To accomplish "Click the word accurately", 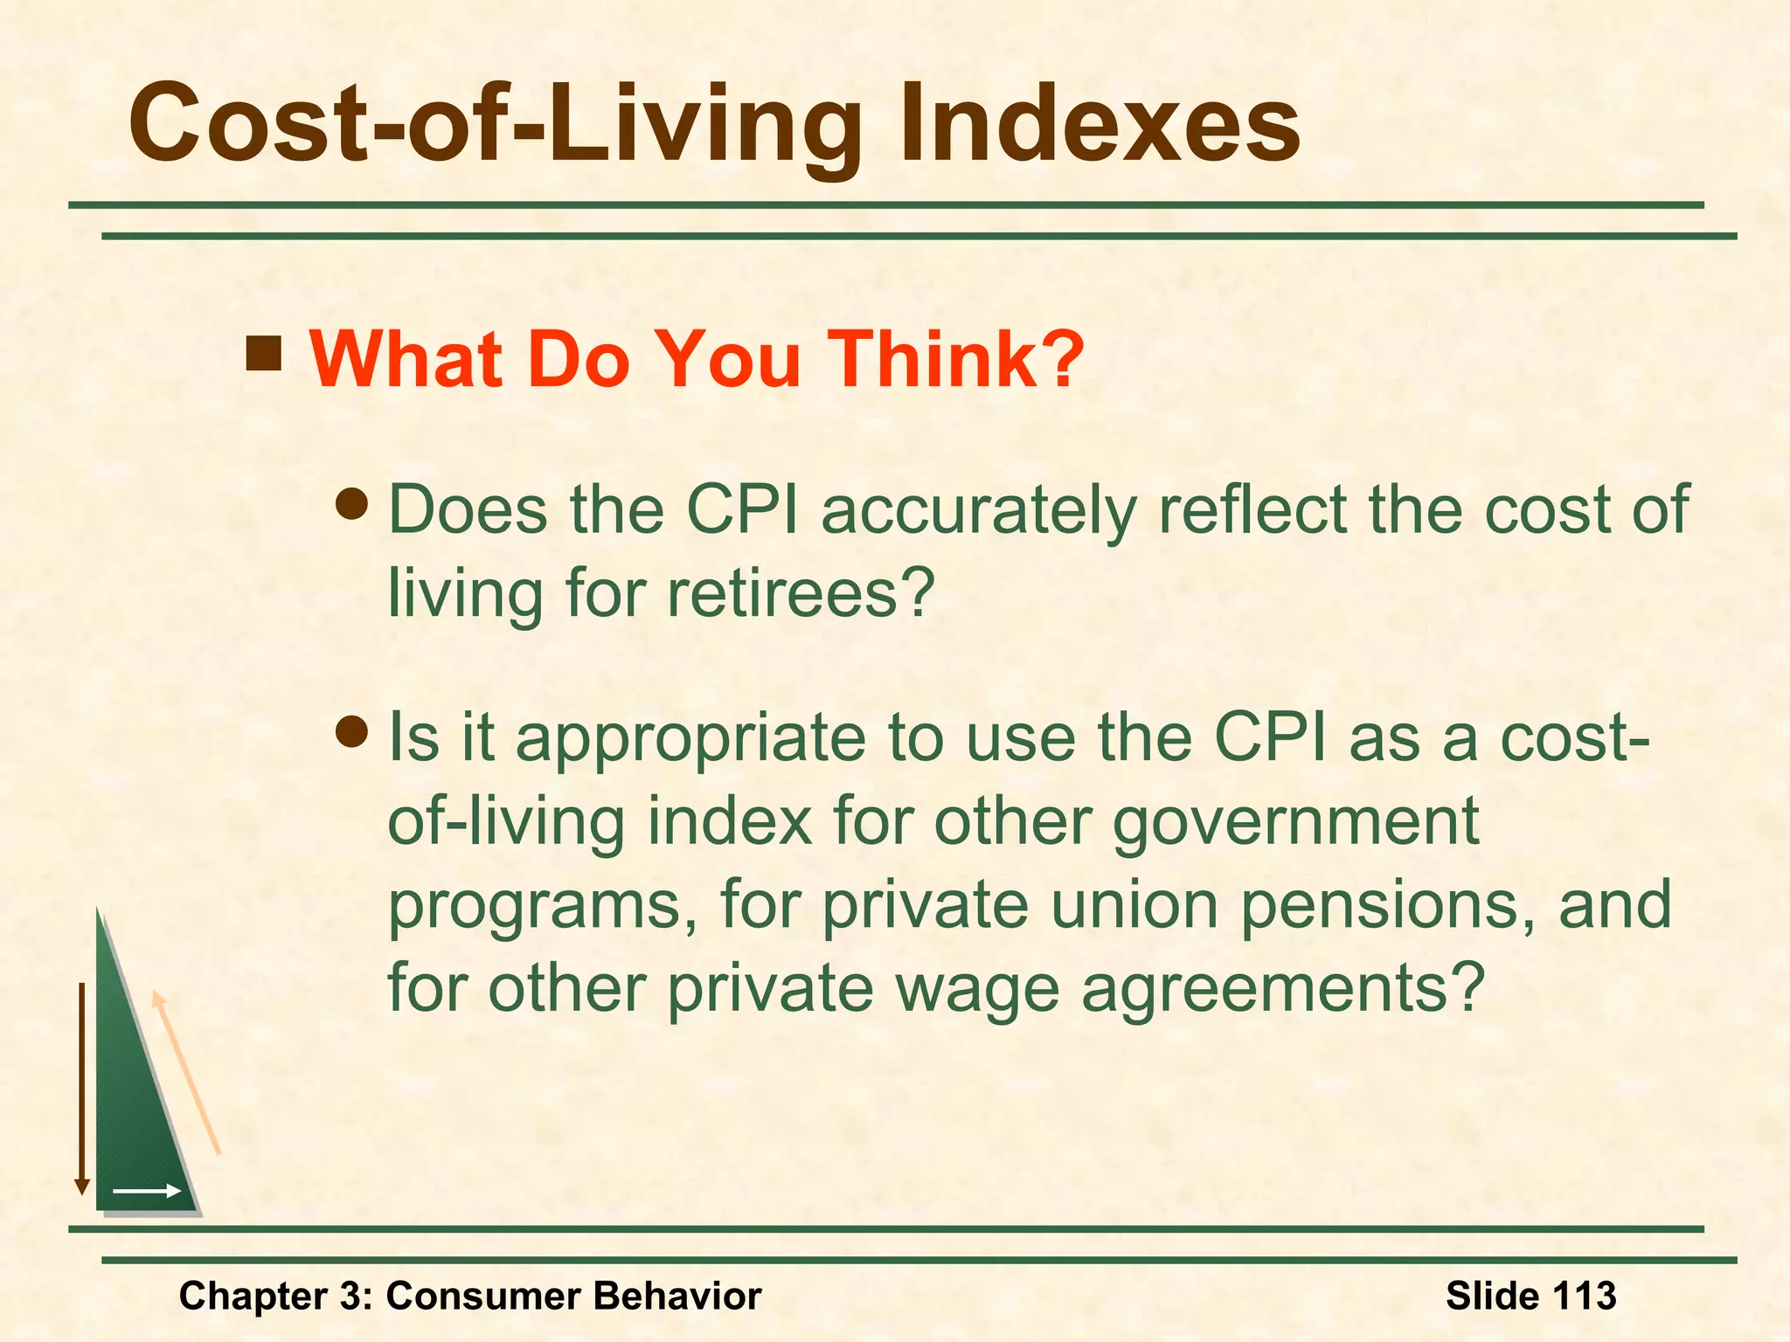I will [x=978, y=511].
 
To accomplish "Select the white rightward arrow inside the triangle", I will [x=147, y=1191].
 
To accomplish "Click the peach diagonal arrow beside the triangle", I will [x=186, y=1073].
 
